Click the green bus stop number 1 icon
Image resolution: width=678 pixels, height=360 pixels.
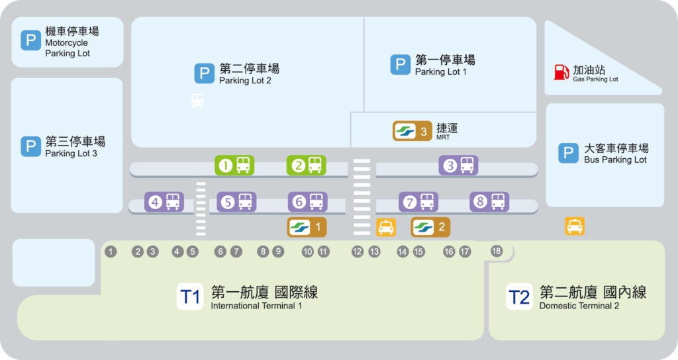click(234, 165)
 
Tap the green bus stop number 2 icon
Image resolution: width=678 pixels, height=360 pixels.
click(307, 165)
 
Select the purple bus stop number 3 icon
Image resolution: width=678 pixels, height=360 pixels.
click(459, 165)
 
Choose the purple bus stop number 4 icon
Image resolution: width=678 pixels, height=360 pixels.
click(164, 202)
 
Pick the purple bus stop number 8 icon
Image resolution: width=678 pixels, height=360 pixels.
click(489, 202)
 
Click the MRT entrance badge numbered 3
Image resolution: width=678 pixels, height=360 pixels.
click(414, 131)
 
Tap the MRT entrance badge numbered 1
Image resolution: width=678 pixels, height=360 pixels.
click(307, 227)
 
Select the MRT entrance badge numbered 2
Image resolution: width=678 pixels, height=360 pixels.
click(431, 227)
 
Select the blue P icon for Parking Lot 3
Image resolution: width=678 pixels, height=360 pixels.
click(30, 146)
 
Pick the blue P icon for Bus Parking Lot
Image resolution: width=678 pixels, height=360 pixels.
click(567, 153)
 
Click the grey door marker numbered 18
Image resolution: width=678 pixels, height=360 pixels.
click(497, 251)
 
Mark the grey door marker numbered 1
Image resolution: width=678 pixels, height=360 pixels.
click(111, 251)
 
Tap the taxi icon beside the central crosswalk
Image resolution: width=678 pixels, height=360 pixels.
click(385, 227)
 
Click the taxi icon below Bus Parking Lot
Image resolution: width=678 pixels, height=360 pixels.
click(575, 226)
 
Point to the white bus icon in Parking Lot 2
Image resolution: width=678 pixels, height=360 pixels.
click(197, 101)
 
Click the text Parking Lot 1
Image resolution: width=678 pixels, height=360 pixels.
click(440, 71)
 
